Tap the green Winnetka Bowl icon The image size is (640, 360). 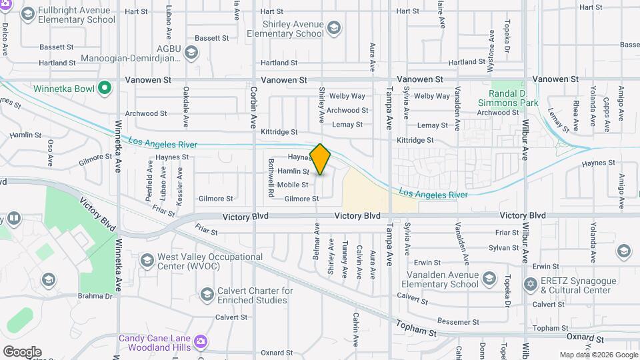click(x=104, y=87)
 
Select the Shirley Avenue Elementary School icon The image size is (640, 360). click(x=334, y=27)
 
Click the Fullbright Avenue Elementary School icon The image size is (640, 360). click(x=29, y=13)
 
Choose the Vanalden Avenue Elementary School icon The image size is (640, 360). click(x=489, y=278)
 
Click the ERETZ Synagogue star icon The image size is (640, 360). click(x=531, y=285)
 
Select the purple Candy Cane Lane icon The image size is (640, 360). click(x=201, y=343)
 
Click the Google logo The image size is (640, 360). click(x=22, y=352)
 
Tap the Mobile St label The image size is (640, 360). click(x=293, y=185)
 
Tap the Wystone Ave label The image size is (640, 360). click(x=491, y=43)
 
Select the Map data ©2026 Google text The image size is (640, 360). click(x=599, y=355)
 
